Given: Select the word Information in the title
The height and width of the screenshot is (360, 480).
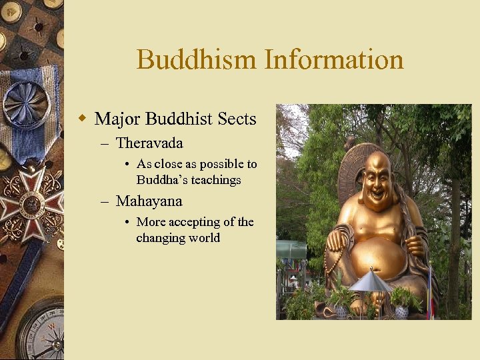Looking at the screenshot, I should (334, 59).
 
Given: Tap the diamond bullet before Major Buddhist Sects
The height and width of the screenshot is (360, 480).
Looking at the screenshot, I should (83, 119).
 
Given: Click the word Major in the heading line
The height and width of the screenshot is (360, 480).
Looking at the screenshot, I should (117, 119).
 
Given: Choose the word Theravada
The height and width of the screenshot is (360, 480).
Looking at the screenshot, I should (149, 143).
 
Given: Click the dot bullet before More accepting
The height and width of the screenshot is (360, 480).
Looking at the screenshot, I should (127, 222).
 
